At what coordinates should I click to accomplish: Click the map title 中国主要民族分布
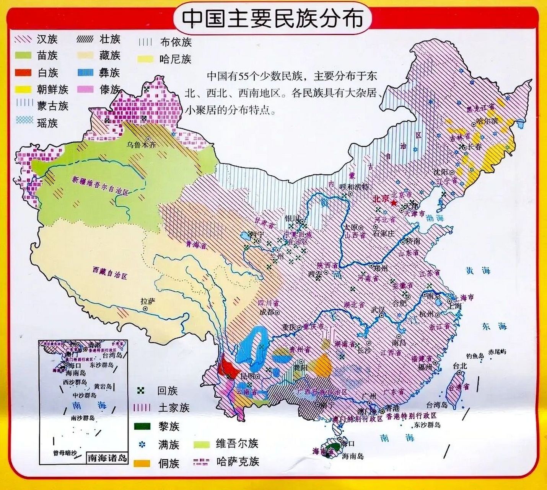[272, 18]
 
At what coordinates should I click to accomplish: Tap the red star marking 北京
[394, 202]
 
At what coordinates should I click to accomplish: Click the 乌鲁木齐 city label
[142, 145]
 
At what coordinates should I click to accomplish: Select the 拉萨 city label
[148, 302]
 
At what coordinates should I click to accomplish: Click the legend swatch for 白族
[23, 72]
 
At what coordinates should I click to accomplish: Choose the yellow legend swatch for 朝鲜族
[23, 89]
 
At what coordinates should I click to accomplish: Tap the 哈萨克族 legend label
[237, 461]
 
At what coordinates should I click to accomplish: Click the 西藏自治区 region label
[110, 273]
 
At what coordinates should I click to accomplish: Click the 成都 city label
[267, 312]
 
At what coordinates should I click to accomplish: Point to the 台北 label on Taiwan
[460, 366]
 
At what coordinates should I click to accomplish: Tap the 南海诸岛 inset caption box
[107, 457]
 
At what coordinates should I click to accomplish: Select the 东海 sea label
[494, 326]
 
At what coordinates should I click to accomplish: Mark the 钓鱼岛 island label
[475, 356]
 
